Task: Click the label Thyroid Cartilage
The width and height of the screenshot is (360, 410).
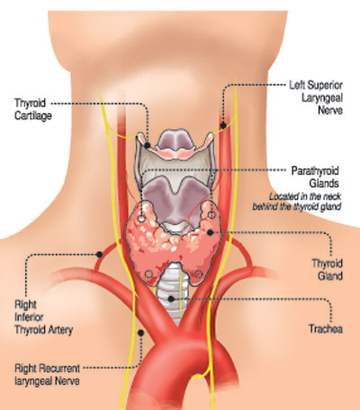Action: [x=33, y=109]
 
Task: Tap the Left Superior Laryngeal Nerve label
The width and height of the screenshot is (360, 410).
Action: [x=316, y=97]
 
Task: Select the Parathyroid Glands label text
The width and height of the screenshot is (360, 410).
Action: [x=315, y=177]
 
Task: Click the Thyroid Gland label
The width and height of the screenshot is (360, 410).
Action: [x=328, y=270]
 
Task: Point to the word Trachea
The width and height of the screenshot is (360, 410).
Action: [x=326, y=329]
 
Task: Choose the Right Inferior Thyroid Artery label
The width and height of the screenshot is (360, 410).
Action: [x=43, y=317]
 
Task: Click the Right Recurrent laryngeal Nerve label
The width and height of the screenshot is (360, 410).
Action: [x=47, y=374]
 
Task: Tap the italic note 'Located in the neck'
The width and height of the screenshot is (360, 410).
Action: [x=305, y=197]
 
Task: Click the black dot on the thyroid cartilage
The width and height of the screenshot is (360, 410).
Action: [x=148, y=146]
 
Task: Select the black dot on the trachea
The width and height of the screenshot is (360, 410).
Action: [x=171, y=299]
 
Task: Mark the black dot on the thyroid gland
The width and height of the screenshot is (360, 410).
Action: [x=210, y=232]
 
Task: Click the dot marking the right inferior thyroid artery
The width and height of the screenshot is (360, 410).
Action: [x=99, y=254]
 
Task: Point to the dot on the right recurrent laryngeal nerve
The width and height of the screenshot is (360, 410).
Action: [x=140, y=333]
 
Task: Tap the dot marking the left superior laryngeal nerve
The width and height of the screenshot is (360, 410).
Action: [x=223, y=125]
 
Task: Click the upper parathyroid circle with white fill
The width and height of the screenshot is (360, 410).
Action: [x=141, y=218]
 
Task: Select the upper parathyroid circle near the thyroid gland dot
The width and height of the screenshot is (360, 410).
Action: [x=211, y=215]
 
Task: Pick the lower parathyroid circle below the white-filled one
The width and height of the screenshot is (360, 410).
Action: [x=148, y=274]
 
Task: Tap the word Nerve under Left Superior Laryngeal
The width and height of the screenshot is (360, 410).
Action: [x=330, y=110]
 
